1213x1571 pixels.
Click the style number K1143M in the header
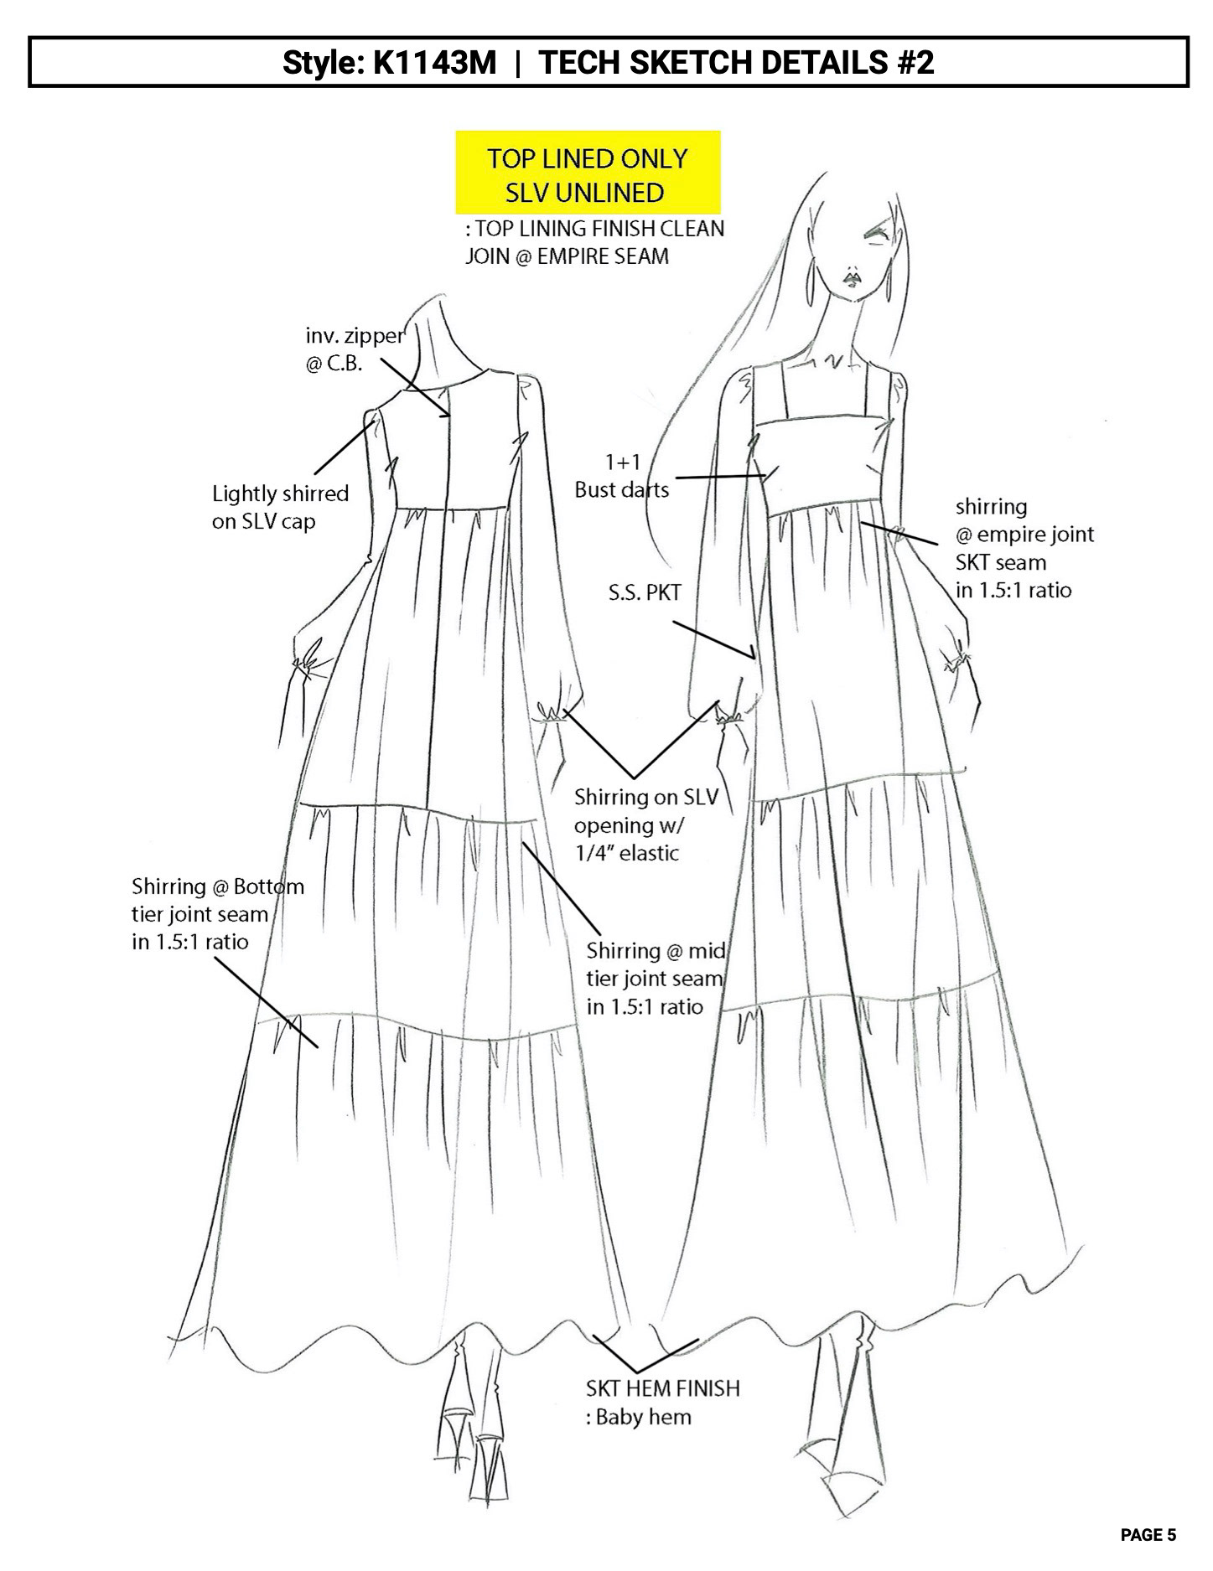click(435, 63)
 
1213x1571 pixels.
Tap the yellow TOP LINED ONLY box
click(588, 173)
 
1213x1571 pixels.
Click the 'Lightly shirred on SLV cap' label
click(280, 507)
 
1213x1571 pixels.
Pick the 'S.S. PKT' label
click(645, 593)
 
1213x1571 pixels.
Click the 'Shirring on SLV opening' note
click(646, 824)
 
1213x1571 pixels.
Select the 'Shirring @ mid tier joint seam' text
click(655, 978)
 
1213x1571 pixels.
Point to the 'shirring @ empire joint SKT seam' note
click(1024, 548)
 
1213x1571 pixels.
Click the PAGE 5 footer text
click(1148, 1535)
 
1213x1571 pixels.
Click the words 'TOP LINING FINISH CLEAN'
click(594, 229)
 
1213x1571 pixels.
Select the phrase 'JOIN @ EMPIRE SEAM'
click(567, 256)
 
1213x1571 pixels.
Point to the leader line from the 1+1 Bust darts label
click(721, 478)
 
